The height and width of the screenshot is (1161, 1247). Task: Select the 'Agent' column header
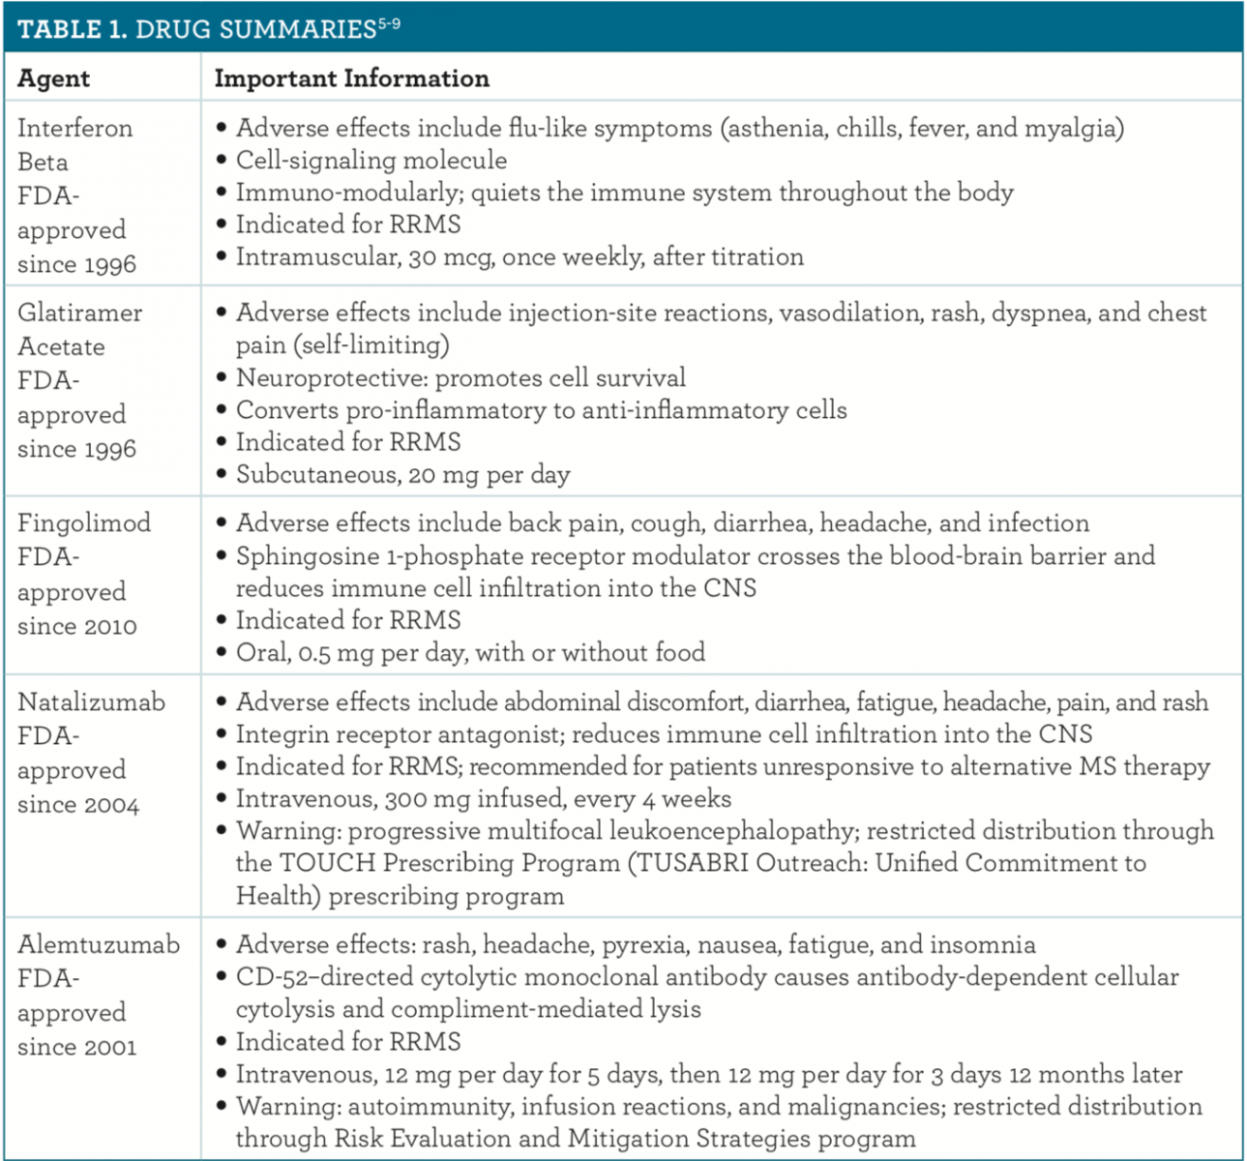pos(53,79)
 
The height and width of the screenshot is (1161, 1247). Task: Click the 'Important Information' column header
pos(351,79)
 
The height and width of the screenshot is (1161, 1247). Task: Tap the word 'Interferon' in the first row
pos(74,129)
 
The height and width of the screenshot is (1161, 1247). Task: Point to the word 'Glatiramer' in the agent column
pos(79,313)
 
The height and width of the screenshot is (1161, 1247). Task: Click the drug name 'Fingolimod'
pos(84,523)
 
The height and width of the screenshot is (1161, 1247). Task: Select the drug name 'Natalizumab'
pos(91,702)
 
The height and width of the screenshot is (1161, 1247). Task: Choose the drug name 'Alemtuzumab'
pos(99,945)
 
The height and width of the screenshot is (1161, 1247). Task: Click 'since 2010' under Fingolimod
pos(76,626)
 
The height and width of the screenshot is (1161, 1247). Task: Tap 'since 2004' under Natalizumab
pos(77,805)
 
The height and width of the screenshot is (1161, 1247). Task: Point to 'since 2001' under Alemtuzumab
pos(76,1047)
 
